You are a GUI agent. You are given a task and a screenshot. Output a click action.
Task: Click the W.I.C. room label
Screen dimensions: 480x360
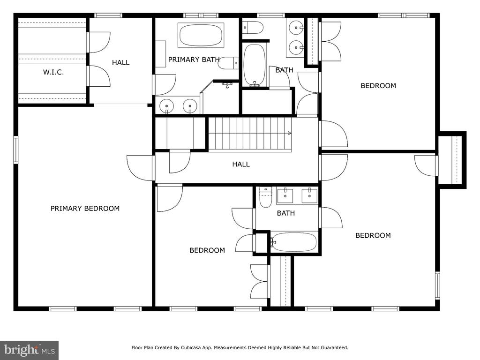click(x=53, y=72)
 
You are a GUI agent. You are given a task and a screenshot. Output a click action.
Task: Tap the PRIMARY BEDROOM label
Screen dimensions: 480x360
click(x=85, y=209)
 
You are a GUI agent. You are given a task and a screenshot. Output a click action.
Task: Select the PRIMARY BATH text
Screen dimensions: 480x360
click(x=194, y=60)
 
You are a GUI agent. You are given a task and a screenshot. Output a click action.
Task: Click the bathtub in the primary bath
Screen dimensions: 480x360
click(x=201, y=35)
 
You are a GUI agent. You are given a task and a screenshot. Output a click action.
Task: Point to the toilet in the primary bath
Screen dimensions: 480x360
click(x=228, y=63)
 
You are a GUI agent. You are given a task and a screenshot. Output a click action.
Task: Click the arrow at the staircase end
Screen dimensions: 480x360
click(x=289, y=133)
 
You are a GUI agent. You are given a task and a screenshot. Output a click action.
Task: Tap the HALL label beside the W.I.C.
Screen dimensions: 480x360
click(x=120, y=62)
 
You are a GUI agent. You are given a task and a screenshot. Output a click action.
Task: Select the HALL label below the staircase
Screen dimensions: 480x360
click(x=241, y=164)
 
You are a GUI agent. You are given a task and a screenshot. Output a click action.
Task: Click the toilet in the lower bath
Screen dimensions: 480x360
click(x=266, y=197)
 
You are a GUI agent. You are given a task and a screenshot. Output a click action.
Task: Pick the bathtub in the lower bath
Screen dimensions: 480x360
click(x=293, y=242)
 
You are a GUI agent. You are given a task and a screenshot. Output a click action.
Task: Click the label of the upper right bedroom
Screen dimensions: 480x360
click(x=378, y=86)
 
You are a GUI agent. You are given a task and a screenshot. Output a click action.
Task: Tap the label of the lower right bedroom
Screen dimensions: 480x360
click(x=373, y=235)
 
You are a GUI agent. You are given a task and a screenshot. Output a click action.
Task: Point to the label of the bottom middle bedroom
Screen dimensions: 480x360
click(x=207, y=250)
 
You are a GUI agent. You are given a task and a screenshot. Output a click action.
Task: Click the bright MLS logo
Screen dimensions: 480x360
click(x=30, y=350)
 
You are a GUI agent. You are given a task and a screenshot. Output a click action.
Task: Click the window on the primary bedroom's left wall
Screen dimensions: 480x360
click(x=15, y=150)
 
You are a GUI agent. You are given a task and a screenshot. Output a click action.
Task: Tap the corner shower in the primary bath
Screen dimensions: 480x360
click(x=219, y=97)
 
